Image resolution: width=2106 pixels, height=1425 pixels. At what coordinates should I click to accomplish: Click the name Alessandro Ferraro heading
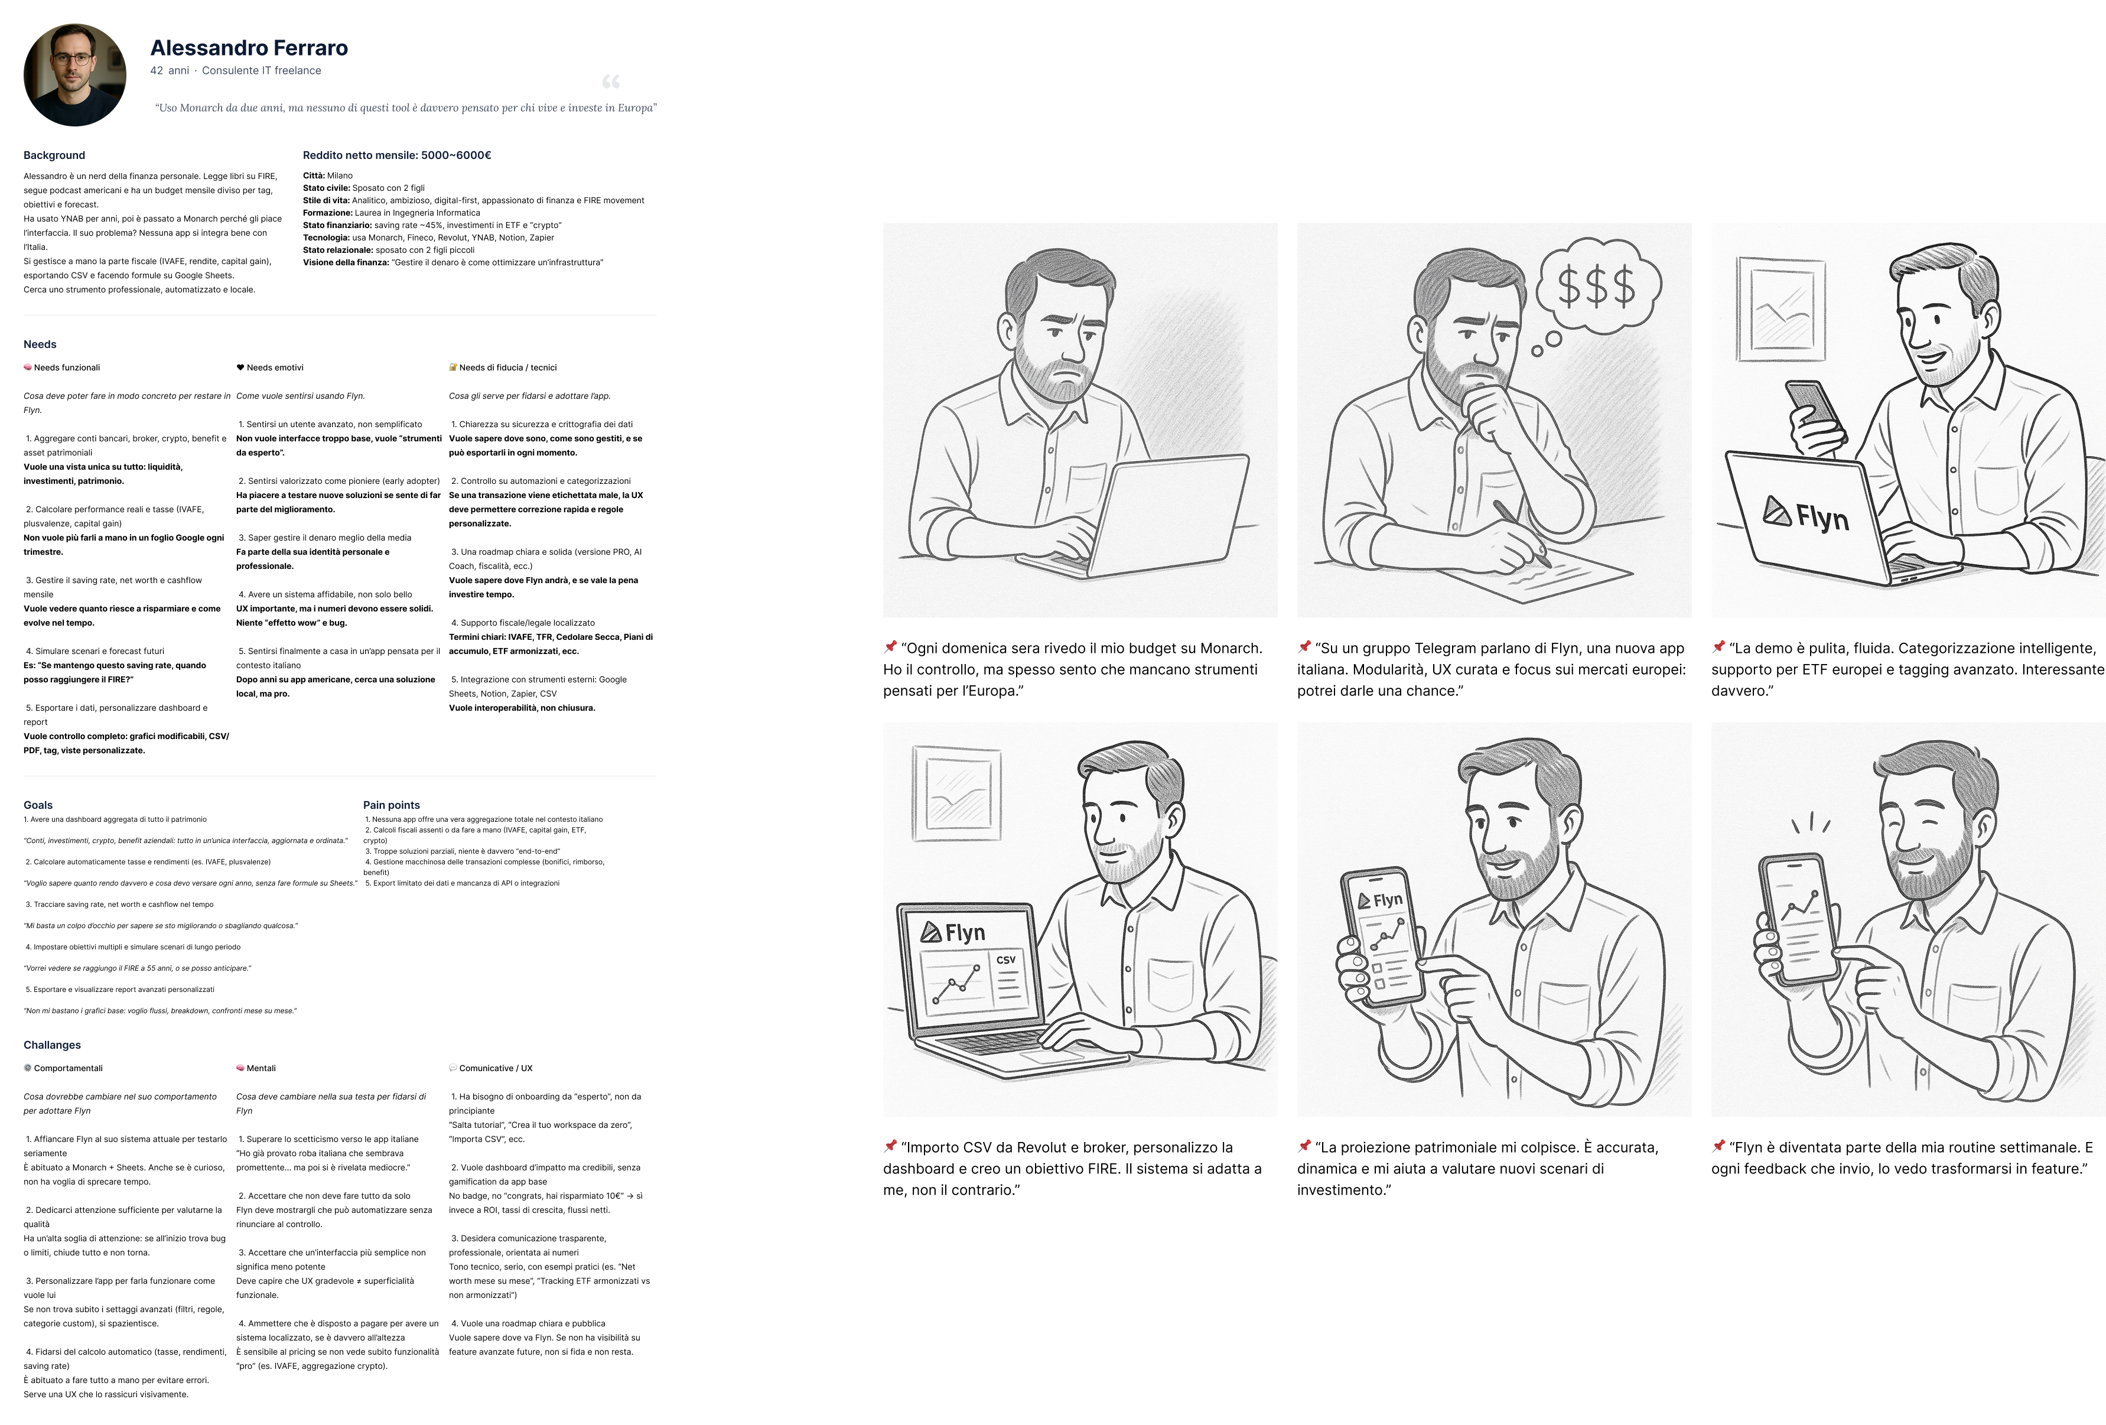coord(249,47)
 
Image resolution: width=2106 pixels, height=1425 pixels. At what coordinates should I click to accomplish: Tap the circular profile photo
coord(75,74)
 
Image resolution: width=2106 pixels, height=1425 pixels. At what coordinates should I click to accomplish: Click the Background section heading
coord(54,155)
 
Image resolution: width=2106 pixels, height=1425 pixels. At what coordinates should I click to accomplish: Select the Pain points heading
coord(392,805)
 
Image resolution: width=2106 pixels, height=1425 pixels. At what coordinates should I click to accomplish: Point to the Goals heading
coord(38,805)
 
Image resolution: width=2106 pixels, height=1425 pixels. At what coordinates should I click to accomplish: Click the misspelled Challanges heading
coord(53,1045)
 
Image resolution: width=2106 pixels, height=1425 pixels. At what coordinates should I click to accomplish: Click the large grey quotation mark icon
coord(611,82)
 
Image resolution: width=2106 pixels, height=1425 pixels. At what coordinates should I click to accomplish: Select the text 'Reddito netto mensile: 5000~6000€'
coord(397,155)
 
